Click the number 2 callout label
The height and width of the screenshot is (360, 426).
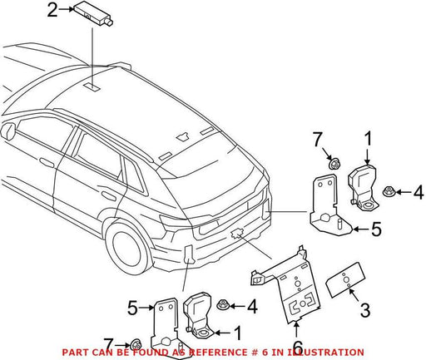tap(52, 10)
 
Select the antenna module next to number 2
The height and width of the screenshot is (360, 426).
tap(93, 15)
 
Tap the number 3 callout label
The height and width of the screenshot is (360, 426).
tap(365, 310)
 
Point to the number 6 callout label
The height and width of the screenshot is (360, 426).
tap(298, 348)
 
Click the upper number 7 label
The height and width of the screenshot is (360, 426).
tap(318, 140)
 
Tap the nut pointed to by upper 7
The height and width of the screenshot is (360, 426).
tap(334, 165)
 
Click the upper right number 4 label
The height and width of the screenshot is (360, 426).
tap(419, 192)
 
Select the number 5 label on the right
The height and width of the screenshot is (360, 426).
tap(376, 229)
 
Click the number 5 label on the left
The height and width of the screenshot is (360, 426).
tap(132, 308)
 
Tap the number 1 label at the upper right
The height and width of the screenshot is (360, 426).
tap(368, 139)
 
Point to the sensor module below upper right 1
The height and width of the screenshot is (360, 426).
tap(362, 186)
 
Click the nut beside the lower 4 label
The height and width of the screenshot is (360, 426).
tap(222, 305)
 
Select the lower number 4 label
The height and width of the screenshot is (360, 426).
tap(252, 307)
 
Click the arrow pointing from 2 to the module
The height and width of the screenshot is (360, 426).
tap(66, 10)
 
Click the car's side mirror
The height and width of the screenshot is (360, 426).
tap(7, 131)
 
